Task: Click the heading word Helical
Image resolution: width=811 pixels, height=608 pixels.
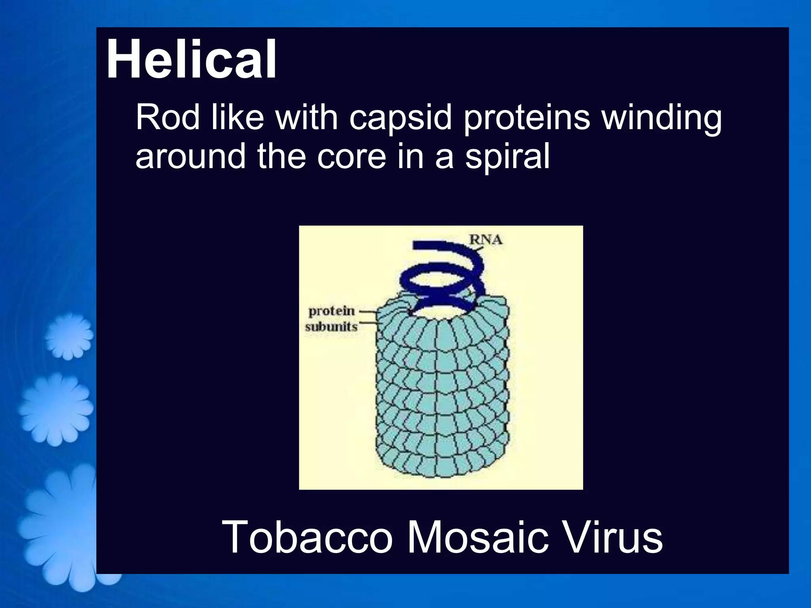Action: coord(191,59)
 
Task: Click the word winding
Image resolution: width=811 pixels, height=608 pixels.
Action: coord(662,118)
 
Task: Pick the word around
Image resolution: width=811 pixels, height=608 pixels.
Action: coord(190,156)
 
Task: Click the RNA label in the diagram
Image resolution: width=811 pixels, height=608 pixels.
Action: coord(486,239)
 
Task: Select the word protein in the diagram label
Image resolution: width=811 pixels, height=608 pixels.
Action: coord(331,311)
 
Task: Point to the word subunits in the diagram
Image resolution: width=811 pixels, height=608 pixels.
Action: coord(331,327)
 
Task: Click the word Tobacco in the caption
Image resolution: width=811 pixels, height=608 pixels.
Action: coord(307,538)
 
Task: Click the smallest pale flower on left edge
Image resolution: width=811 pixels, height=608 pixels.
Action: coord(68,336)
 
